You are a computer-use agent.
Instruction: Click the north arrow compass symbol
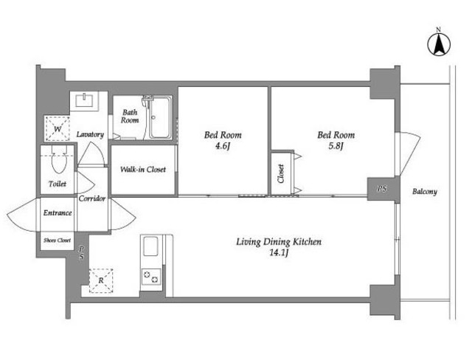point(439,44)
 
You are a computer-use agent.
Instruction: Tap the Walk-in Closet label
point(143,170)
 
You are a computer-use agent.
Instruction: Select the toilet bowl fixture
point(59,160)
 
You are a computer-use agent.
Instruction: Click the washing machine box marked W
point(58,128)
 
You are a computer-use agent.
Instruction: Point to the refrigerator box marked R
point(101,280)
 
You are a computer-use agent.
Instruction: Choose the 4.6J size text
point(223,146)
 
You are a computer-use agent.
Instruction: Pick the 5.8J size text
point(336,146)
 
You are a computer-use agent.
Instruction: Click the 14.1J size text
point(279,253)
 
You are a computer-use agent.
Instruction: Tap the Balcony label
point(425,192)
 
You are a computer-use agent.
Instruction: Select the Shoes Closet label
point(58,240)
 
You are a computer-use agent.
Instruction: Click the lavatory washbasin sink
point(86,100)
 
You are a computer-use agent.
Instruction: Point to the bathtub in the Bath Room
point(161,118)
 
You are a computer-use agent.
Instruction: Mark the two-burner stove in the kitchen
point(150,277)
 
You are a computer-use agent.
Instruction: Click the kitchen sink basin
point(150,246)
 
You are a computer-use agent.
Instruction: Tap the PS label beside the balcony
point(382,189)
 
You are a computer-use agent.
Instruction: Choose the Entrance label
point(58,212)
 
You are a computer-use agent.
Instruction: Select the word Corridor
point(92,198)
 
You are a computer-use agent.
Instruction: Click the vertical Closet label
point(281,173)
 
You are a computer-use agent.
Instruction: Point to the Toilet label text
point(58,184)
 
